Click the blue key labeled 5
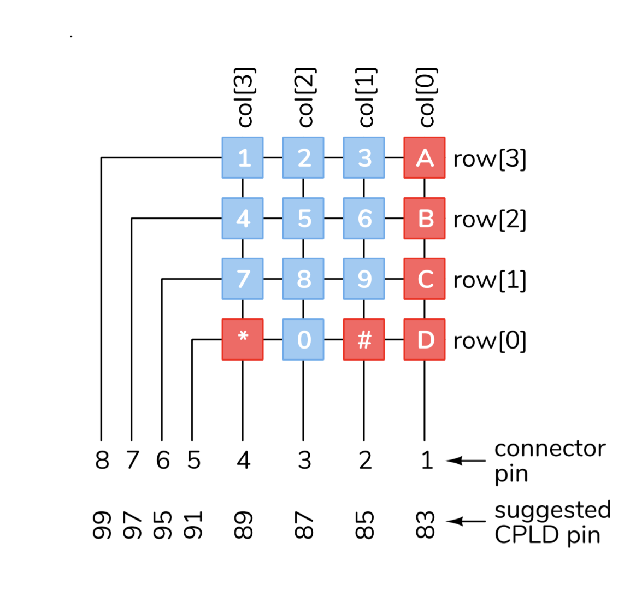pyautogui.click(x=303, y=219)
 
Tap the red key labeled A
pyautogui.click(x=425, y=158)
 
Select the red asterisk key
pyautogui.click(x=243, y=339)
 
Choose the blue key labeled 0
pyautogui.click(x=303, y=339)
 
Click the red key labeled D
pyautogui.click(x=425, y=339)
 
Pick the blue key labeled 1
pyautogui.click(x=243, y=158)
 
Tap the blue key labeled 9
pyautogui.click(x=364, y=279)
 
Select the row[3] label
pyautogui.click(x=490, y=160)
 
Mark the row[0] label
pyautogui.click(x=490, y=341)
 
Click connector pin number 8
pyautogui.click(x=102, y=461)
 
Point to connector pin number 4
pyautogui.click(x=243, y=461)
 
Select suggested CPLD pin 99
pyautogui.click(x=102, y=525)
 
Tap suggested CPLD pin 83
pyautogui.click(x=426, y=525)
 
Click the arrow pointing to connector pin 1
pyautogui.click(x=465, y=461)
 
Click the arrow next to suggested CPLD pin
pyautogui.click(x=465, y=521)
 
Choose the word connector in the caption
pyautogui.click(x=550, y=449)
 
